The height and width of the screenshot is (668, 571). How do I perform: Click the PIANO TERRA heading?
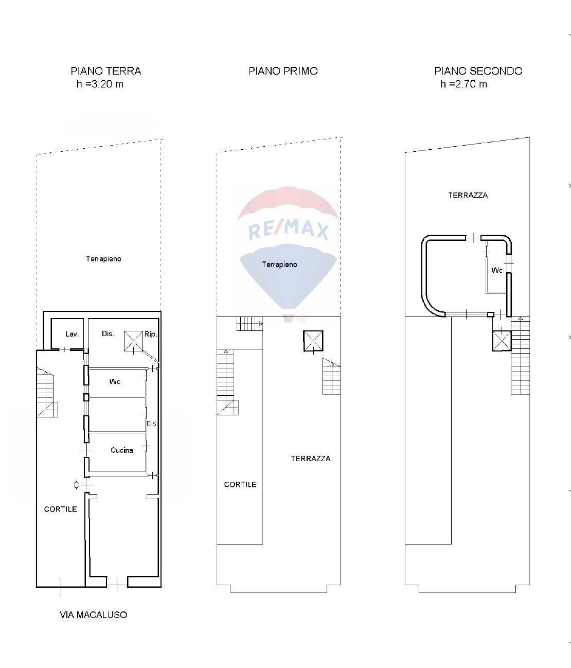pos(105,71)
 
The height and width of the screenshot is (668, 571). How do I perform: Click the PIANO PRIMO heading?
pos(283,71)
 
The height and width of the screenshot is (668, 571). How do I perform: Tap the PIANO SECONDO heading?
pos(478,71)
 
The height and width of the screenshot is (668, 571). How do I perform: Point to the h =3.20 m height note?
pos(100,84)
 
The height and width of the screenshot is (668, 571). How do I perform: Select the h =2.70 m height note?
pos(463,84)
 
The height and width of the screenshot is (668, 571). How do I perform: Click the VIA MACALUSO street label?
pos(93,614)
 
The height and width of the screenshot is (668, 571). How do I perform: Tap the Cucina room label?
pos(121,450)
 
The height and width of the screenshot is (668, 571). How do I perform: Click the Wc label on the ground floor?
pos(115,381)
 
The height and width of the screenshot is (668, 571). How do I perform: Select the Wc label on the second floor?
pos(496,270)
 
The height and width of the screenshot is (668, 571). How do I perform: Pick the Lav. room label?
pos(72,334)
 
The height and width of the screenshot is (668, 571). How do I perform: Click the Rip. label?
pos(150,334)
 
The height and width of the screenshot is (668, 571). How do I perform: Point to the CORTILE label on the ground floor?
pos(60,509)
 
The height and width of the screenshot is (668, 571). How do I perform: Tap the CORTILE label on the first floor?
pos(240,484)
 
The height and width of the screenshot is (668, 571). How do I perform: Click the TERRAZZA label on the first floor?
pos(310,459)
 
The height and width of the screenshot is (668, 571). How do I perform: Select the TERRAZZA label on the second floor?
pos(468,195)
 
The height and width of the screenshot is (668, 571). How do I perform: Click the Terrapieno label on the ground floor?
pos(103,259)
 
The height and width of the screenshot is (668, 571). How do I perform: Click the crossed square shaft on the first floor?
pos(313,341)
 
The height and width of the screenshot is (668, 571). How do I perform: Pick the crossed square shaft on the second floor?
pos(502,341)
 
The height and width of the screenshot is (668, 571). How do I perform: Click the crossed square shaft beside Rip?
pos(133,341)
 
